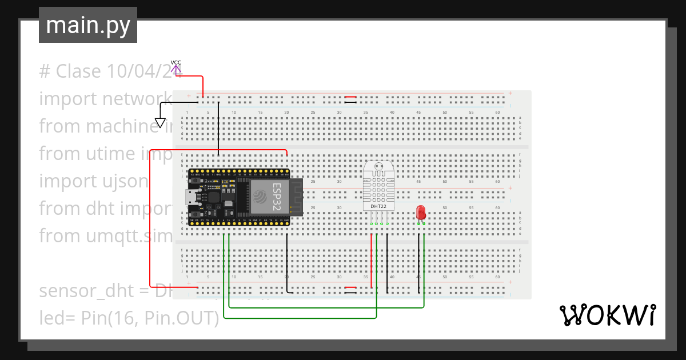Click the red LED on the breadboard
[x=421, y=213]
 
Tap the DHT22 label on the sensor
[x=378, y=207]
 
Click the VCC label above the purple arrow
[x=176, y=62]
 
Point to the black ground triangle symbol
[x=161, y=123]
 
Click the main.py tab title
[x=87, y=26]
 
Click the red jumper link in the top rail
[x=350, y=97]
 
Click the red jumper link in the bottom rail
[x=350, y=287]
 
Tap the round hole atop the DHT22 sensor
[x=378, y=169]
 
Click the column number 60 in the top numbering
[x=497, y=112]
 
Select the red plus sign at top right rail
[x=510, y=93]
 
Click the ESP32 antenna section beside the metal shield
[x=296, y=197]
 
